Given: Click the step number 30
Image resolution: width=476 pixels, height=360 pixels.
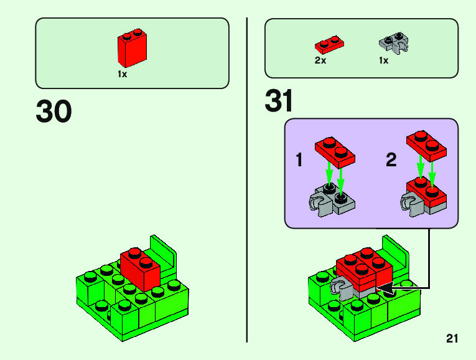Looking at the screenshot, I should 54,112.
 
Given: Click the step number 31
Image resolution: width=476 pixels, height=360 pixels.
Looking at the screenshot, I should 279,102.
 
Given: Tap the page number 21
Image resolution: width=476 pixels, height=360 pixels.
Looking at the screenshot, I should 452,339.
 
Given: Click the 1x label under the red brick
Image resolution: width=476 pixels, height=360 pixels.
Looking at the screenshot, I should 123,74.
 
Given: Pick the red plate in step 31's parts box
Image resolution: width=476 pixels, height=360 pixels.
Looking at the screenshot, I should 330,45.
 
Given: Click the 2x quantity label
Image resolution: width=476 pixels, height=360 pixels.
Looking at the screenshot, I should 320,61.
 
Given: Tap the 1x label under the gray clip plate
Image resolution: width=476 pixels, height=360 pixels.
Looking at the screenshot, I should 383,61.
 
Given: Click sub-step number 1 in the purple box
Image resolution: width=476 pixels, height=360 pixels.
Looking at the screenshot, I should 299,161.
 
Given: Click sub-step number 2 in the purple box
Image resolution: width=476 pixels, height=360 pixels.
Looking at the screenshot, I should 391,161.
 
